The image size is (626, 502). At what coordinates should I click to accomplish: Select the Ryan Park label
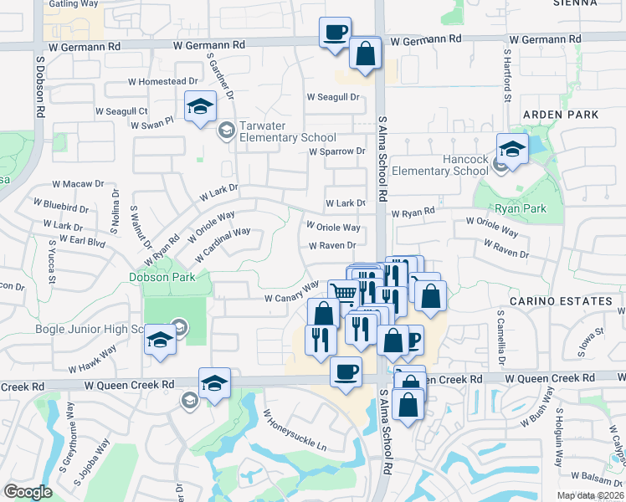(x=519, y=209)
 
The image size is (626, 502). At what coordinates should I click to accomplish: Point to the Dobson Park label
(x=162, y=277)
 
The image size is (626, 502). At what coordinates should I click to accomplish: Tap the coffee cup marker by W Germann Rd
(x=335, y=33)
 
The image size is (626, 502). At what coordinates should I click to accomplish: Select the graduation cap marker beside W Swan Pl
(x=200, y=106)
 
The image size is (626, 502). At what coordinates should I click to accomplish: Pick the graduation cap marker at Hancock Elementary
(x=512, y=149)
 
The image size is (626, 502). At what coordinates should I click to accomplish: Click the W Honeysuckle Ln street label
(x=295, y=430)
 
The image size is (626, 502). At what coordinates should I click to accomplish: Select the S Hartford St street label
(x=507, y=74)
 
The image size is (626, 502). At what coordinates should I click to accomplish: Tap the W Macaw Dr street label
(x=78, y=183)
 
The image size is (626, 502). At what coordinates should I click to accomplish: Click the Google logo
(x=28, y=492)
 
